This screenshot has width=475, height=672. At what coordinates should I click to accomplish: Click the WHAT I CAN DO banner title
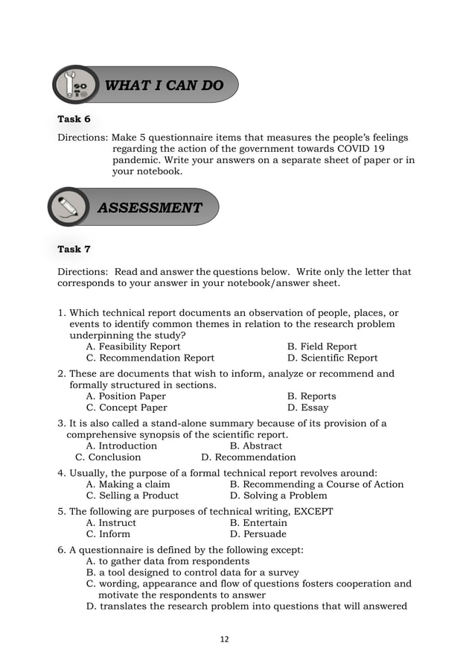(x=164, y=86)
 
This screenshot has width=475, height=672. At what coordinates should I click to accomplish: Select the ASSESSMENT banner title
(x=150, y=208)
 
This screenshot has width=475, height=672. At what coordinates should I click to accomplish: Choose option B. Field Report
(x=322, y=346)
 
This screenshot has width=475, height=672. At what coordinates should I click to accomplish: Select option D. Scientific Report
(x=332, y=358)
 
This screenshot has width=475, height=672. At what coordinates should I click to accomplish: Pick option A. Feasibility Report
(x=133, y=346)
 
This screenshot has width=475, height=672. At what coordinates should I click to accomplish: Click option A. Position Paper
(x=126, y=396)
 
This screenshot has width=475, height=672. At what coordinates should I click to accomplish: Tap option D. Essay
(x=307, y=408)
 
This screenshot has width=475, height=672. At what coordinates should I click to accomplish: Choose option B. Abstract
(x=256, y=446)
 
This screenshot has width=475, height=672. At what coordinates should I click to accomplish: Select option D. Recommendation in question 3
(x=249, y=457)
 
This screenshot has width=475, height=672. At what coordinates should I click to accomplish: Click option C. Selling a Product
(x=133, y=495)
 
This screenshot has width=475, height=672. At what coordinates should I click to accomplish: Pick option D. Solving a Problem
(x=278, y=495)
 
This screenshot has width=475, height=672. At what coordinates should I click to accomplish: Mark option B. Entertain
(x=258, y=523)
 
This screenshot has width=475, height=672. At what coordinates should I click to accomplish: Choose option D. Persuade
(x=258, y=534)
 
